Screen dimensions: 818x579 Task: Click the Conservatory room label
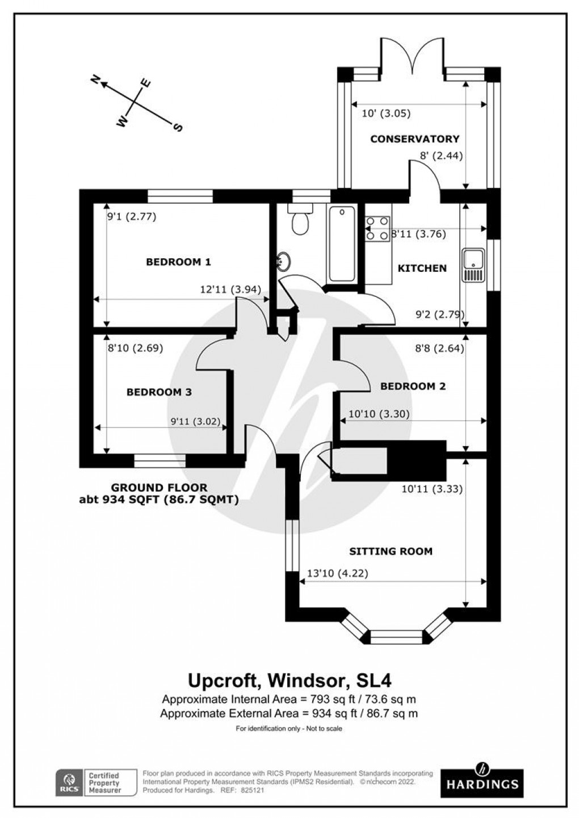[414, 139]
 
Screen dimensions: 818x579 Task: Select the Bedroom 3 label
[159, 392]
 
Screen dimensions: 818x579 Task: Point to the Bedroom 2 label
[413, 386]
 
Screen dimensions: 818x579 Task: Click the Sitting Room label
[391, 551]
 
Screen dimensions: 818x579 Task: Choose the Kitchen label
[422, 268]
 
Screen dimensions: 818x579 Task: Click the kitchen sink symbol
[472, 265]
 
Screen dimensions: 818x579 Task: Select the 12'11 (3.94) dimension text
[230, 289]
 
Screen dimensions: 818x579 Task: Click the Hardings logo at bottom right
[482, 778]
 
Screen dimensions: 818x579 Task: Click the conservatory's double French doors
[413, 57]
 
